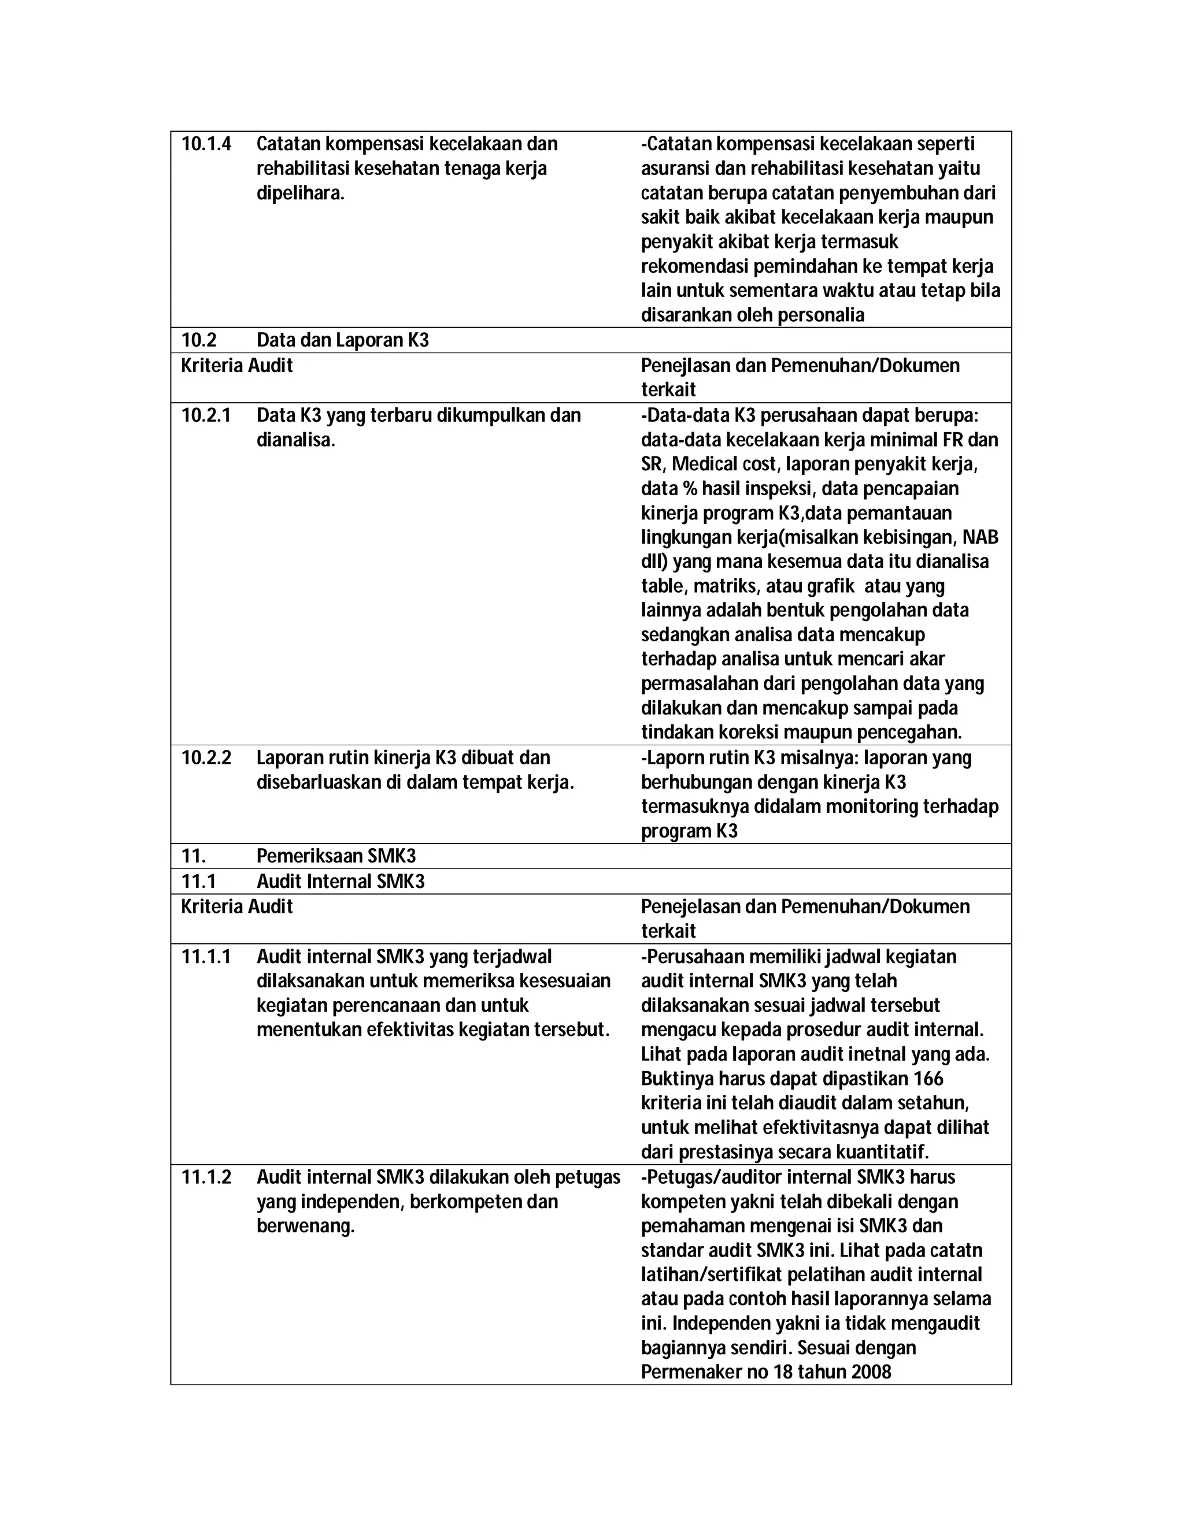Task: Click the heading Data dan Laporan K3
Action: click(342, 341)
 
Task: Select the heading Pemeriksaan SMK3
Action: click(336, 856)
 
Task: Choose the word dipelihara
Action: click(300, 194)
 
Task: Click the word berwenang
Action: click(305, 1226)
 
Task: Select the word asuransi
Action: click(675, 169)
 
